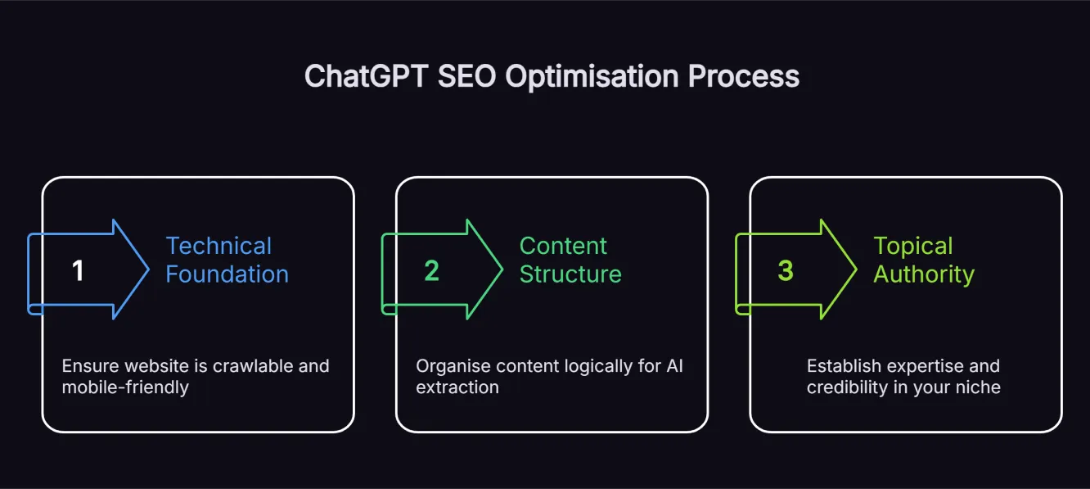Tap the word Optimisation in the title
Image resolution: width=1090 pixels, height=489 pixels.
click(591, 76)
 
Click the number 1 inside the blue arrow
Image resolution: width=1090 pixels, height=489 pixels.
click(78, 271)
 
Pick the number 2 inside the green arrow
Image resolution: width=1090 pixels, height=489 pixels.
click(431, 271)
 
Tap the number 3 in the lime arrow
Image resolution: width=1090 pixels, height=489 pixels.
click(785, 271)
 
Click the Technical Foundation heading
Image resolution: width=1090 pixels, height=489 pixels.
click(227, 260)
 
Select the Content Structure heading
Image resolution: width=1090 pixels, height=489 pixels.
click(570, 260)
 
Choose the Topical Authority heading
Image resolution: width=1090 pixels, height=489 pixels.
click(923, 260)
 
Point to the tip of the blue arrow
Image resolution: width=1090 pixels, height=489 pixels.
click(147, 269)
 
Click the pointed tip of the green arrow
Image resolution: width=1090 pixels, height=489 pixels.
click(501, 269)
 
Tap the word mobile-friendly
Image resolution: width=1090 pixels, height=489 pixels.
click(125, 387)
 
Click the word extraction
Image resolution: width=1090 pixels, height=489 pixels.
click(457, 387)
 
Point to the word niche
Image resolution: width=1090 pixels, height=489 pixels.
click(978, 387)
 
